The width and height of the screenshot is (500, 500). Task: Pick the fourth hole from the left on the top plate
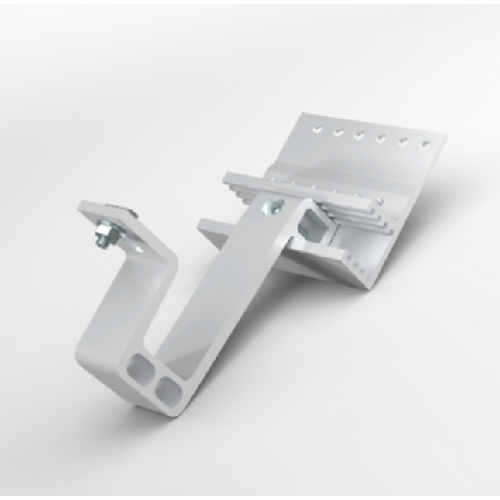[x=381, y=139]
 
